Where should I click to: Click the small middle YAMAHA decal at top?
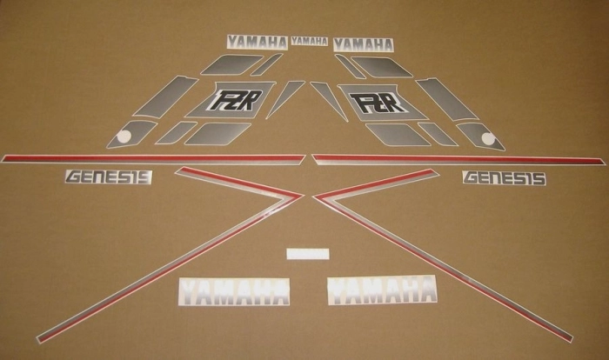point(310,41)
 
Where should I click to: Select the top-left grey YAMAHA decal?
point(258,43)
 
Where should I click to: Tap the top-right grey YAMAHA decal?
point(363,44)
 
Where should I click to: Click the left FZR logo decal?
point(236,100)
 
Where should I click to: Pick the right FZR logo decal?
point(378,103)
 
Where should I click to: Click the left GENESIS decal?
point(109,177)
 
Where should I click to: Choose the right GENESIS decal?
point(504,178)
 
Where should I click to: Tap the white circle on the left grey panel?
point(124,137)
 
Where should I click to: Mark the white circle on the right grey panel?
point(488,138)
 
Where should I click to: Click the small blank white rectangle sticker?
point(308,254)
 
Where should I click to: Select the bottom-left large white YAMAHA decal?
point(234,291)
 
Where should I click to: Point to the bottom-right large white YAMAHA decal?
point(382,290)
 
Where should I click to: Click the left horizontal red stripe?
point(153,159)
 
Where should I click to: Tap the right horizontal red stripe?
point(458,160)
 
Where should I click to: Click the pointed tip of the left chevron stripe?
point(303,196)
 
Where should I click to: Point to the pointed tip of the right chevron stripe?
point(314,197)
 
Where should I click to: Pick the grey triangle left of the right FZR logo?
point(330,100)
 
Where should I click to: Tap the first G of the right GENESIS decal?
point(472,178)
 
